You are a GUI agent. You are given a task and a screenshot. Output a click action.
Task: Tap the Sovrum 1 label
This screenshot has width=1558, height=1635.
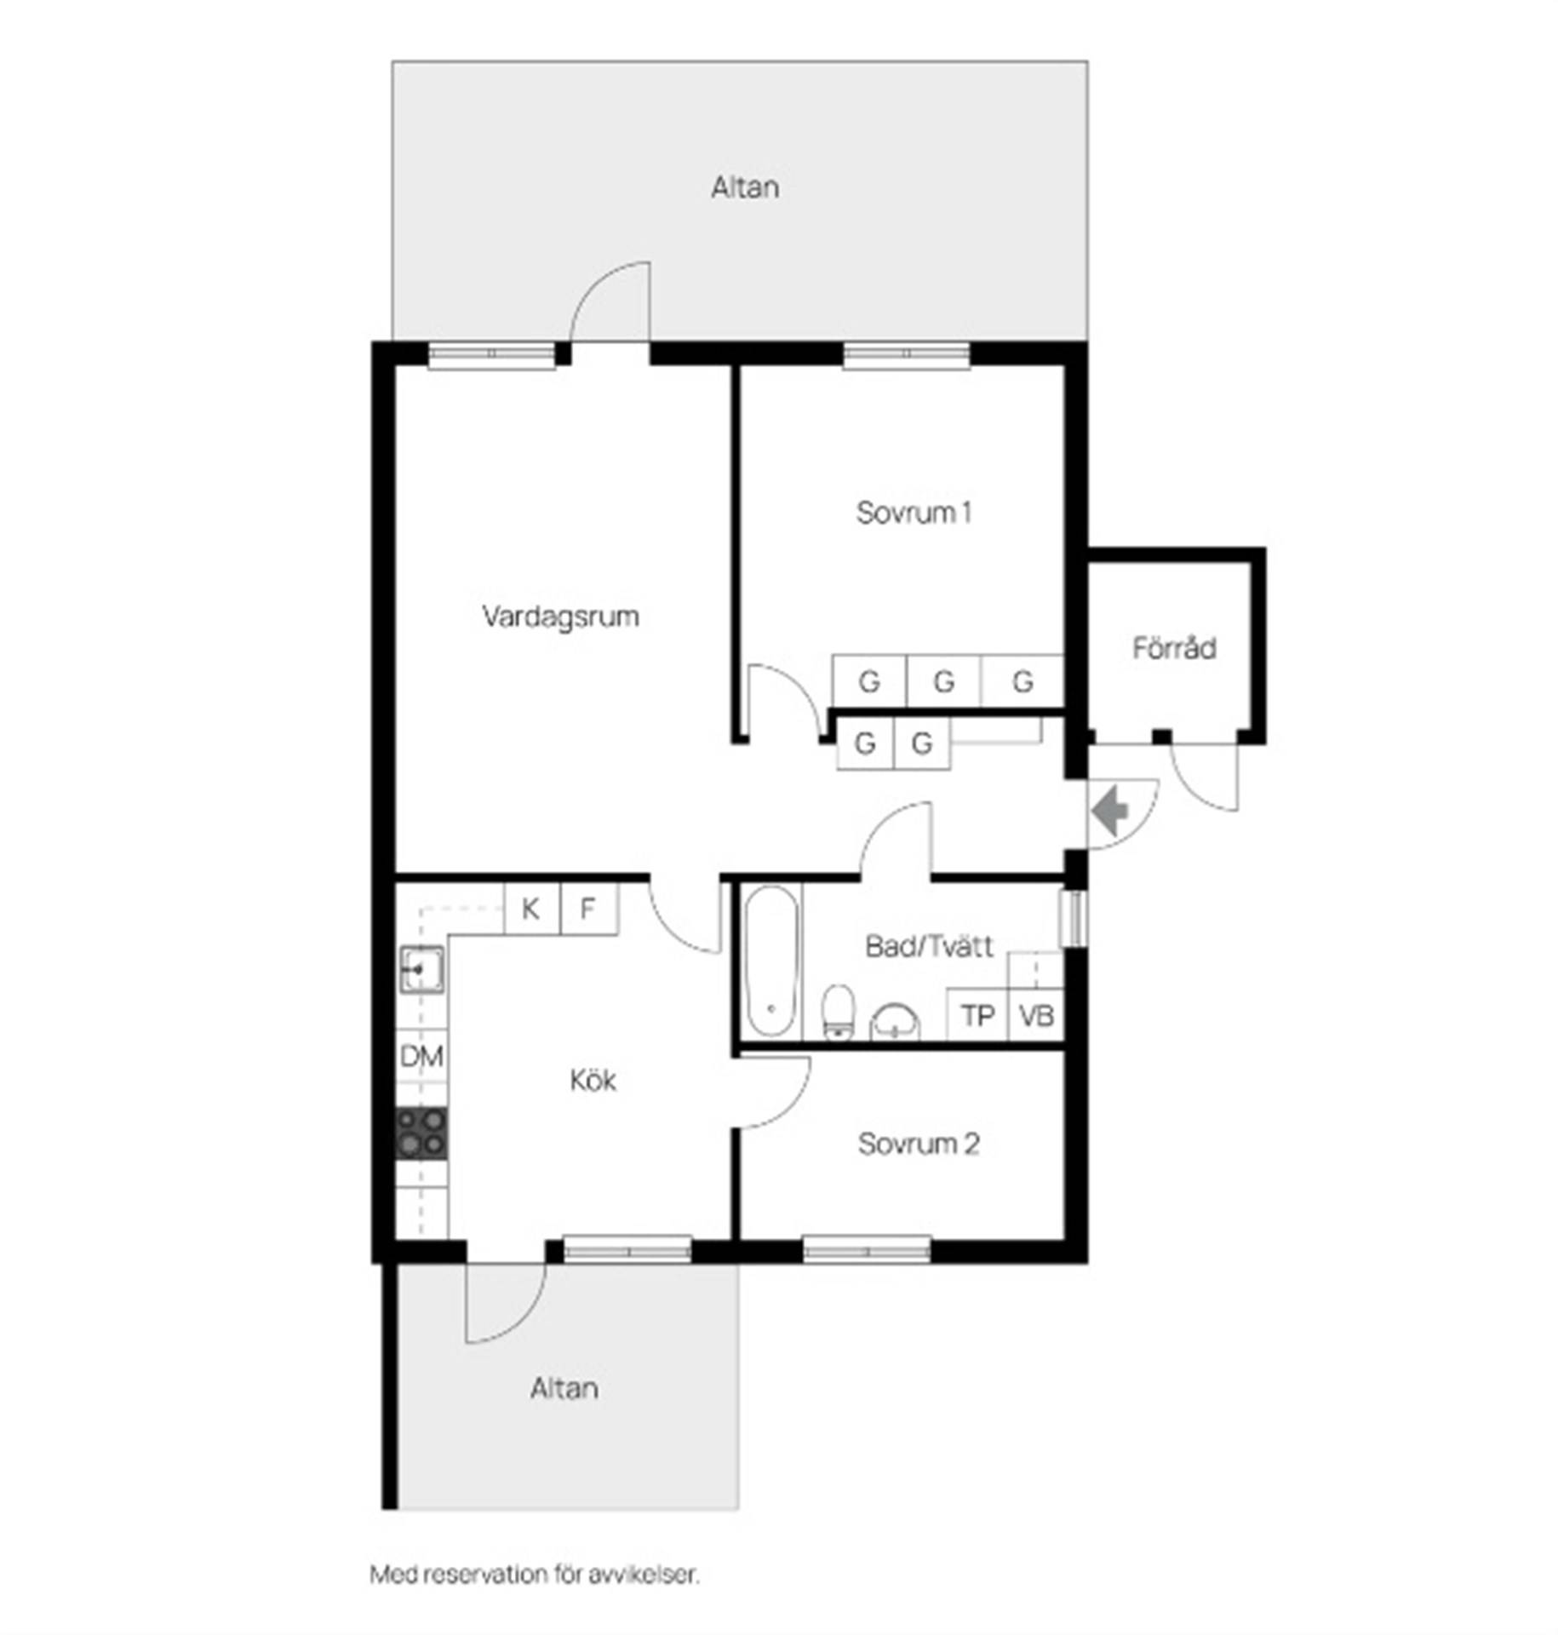[x=914, y=513]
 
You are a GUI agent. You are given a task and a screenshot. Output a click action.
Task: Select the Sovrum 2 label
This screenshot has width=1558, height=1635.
[x=919, y=1144]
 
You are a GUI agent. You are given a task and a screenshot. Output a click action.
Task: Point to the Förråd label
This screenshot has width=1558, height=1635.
[x=1174, y=648]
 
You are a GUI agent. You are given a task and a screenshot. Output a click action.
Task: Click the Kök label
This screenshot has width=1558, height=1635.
[x=593, y=1081]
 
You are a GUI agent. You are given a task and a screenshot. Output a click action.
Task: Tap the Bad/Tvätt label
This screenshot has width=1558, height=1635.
[x=929, y=946]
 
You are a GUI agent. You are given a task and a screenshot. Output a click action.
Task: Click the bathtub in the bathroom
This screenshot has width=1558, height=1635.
[x=772, y=961]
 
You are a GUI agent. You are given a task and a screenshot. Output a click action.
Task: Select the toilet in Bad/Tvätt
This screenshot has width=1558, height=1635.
[x=838, y=1013]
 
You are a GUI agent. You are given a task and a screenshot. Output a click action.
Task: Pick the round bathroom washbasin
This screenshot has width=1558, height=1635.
[x=895, y=1022]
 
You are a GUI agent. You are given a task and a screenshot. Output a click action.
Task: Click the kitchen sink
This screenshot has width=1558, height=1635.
[x=421, y=970]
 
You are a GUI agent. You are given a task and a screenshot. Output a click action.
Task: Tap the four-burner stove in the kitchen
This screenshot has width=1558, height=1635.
[x=421, y=1133]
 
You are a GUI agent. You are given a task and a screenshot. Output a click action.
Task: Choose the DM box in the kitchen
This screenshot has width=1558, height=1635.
[x=421, y=1057]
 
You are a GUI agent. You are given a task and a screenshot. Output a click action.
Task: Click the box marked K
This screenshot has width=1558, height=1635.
[x=532, y=909]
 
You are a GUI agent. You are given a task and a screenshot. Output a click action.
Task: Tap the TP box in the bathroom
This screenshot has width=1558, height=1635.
[x=977, y=1015]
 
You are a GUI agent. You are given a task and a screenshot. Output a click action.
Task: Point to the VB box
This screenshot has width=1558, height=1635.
[x=1036, y=1015]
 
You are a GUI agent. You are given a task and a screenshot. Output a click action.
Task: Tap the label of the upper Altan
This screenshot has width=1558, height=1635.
[x=745, y=187]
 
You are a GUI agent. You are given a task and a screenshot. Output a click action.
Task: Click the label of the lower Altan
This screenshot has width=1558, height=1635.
[x=564, y=1389]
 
